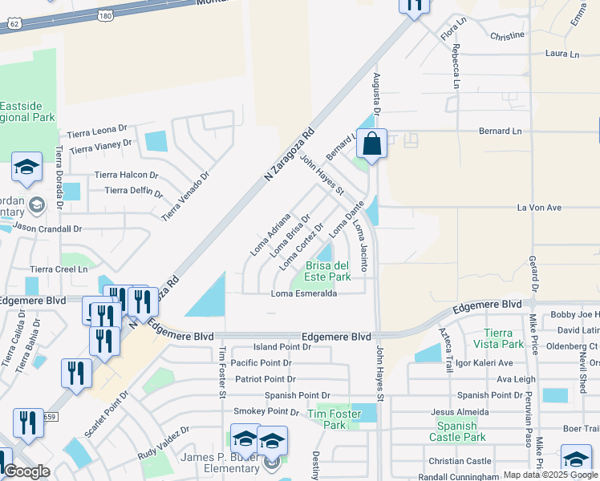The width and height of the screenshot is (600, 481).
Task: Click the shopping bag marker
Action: [371, 145]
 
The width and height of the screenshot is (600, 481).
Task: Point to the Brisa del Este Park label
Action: [327, 271]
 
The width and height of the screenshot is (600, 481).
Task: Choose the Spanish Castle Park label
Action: [457, 431]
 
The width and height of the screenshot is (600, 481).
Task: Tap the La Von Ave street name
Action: [539, 208]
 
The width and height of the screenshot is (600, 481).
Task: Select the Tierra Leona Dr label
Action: [97, 130]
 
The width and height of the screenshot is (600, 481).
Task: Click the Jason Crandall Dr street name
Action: [47, 228]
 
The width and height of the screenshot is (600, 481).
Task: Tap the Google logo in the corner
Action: [26, 471]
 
